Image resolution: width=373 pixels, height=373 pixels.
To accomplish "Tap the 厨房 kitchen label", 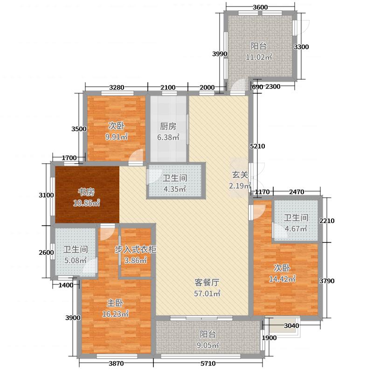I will (x=168, y=126).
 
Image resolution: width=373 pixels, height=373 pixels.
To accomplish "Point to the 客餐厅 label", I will (x=207, y=283).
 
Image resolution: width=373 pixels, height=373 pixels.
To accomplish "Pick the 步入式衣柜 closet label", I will (x=135, y=249).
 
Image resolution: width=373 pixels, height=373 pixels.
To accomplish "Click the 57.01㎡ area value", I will (x=207, y=294).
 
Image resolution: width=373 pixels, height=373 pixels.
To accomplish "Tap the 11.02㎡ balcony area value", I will (x=259, y=57).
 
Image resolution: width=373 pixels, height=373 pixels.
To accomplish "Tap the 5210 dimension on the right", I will (x=257, y=146).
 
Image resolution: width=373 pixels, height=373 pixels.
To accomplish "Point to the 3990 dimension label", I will (x=219, y=54).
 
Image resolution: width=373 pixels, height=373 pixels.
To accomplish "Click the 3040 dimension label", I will (x=291, y=325).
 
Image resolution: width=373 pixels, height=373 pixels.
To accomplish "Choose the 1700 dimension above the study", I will (x=69, y=158).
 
